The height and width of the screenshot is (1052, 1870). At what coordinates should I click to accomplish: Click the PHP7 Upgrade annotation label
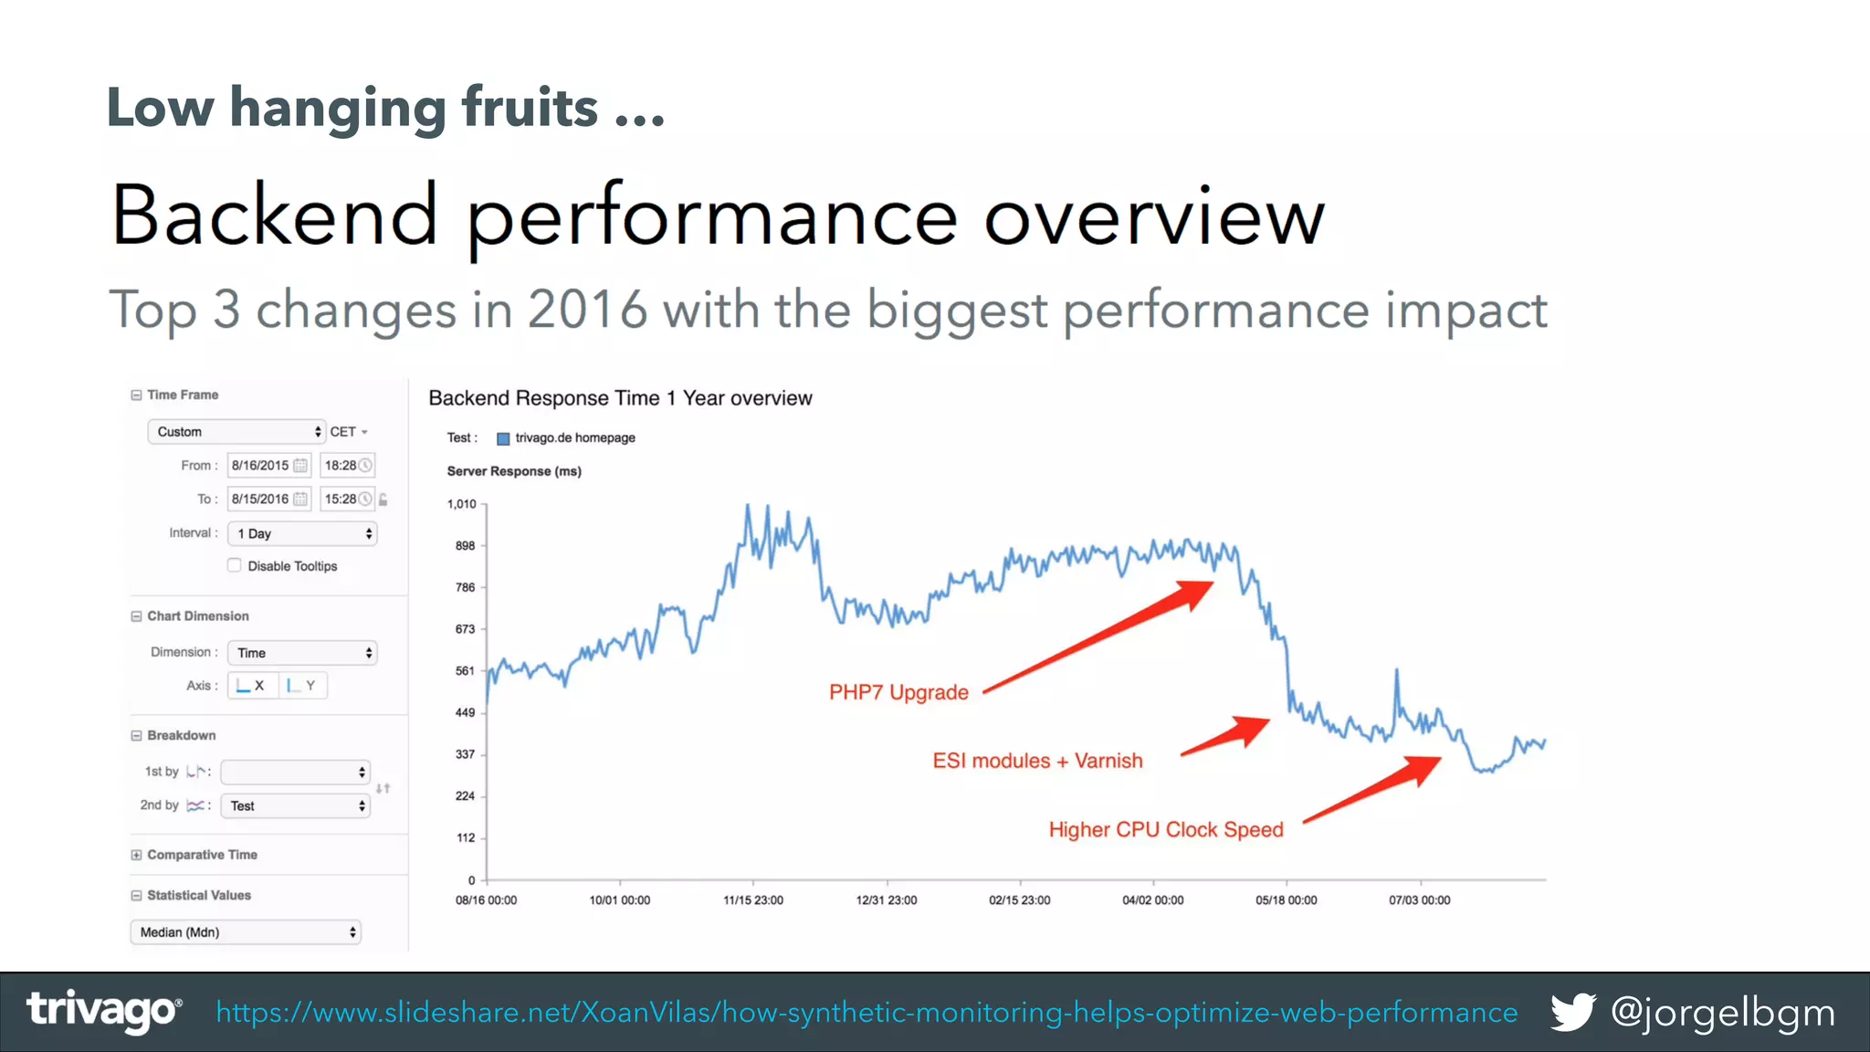(898, 692)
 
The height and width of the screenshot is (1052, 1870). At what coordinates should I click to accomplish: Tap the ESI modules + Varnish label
(1037, 761)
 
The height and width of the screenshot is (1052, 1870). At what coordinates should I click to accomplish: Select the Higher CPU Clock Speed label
(1166, 829)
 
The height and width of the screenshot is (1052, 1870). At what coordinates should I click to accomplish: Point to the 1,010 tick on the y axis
(462, 504)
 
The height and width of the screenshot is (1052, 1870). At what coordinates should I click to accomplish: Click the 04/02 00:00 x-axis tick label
(1152, 900)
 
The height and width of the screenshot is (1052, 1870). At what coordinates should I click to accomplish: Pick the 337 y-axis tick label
(465, 754)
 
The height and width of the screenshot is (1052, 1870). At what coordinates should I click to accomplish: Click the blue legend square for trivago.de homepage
(503, 438)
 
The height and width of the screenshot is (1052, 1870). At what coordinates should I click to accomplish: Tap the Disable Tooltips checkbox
(235, 565)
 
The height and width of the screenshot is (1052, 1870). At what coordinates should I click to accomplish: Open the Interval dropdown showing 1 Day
(302, 533)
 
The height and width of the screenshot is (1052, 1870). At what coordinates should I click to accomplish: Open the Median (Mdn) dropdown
(246, 932)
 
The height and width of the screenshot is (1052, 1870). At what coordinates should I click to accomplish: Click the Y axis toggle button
(302, 686)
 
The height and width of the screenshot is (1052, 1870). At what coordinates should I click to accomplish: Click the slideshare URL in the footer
(867, 1013)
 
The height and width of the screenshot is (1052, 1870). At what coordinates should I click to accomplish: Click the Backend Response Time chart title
(620, 398)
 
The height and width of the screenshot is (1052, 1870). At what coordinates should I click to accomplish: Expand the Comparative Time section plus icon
(136, 855)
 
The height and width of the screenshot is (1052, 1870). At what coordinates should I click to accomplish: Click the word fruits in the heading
(530, 108)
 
